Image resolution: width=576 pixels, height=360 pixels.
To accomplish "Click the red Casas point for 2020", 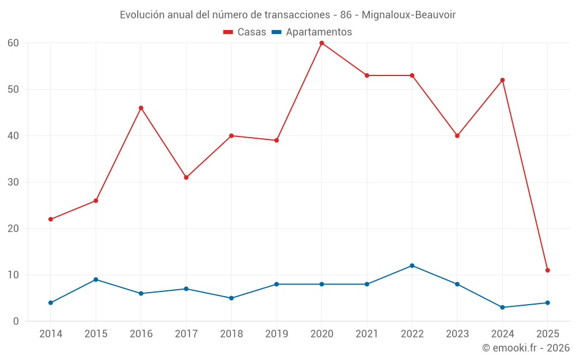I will point(321,43).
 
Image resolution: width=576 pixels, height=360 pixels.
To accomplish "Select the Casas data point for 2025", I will point(547,270).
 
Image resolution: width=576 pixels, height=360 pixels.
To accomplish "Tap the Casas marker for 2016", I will point(141,108).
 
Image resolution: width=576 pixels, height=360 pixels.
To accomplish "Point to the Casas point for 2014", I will point(51,219).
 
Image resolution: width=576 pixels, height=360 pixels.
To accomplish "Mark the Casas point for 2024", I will point(502,80).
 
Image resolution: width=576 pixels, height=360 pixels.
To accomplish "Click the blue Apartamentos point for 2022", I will point(412,266).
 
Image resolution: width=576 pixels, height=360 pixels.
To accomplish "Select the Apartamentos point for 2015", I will point(96,279).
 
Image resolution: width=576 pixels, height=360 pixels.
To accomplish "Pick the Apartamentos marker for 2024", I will point(502,308).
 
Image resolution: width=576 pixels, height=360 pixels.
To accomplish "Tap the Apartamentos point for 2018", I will point(231,298).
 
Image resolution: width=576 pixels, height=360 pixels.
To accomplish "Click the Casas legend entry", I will point(245,32).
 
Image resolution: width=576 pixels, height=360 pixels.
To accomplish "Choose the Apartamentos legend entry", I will point(312,32).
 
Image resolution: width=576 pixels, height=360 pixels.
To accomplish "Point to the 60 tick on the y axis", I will point(13,43).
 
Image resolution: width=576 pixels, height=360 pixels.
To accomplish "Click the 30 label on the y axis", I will point(13,182).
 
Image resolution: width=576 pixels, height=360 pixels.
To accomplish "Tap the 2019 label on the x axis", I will point(276,334).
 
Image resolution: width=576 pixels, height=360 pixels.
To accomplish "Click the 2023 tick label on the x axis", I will point(457,334).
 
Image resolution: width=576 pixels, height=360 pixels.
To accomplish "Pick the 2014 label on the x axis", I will point(51,334).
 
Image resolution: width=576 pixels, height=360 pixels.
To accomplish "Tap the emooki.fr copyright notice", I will point(526,348).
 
